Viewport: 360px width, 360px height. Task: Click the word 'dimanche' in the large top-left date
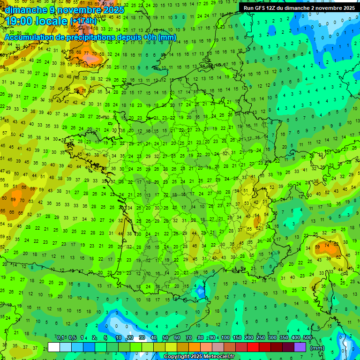point(24,10)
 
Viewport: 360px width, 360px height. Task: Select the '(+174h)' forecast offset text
point(83,21)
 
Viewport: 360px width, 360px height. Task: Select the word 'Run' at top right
point(248,8)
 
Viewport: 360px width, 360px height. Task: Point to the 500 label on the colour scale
point(307,337)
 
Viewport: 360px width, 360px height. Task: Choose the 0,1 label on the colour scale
point(60,337)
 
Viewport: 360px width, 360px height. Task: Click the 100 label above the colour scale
point(225,337)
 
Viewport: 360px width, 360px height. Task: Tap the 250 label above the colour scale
point(261,337)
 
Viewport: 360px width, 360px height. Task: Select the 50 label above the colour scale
point(165,337)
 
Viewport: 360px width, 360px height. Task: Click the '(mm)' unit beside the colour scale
point(317,348)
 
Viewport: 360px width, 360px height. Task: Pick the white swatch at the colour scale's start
point(54,347)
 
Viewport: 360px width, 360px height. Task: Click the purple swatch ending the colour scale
point(300,347)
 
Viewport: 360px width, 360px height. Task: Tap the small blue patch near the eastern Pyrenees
point(201,292)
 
